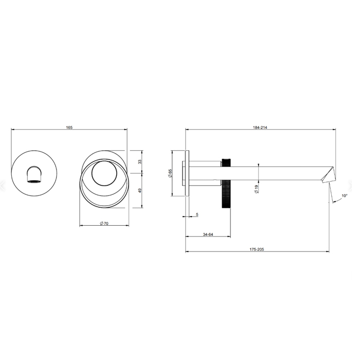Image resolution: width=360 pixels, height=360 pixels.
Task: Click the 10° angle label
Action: click(344, 196)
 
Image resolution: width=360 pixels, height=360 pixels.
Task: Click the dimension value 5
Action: click(197, 215)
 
